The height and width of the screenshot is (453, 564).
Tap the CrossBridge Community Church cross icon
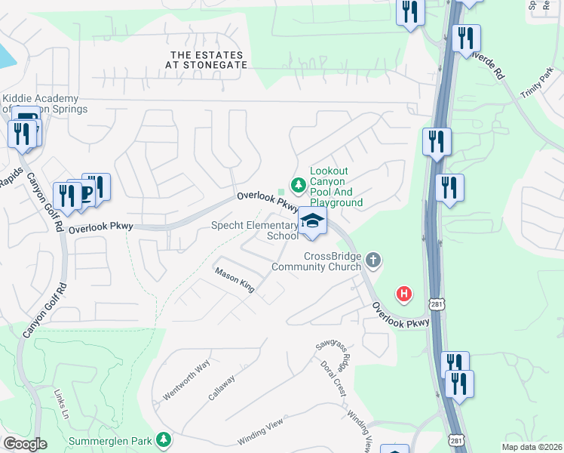[x=372, y=261]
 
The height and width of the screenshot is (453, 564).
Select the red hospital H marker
[x=405, y=294]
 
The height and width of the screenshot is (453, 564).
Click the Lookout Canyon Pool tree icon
[x=299, y=183]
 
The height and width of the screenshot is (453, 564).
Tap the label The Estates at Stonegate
[x=207, y=60]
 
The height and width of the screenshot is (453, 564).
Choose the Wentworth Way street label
[x=185, y=382]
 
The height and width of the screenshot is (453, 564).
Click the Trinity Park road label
[x=536, y=83]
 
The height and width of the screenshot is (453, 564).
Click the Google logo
[x=25, y=444]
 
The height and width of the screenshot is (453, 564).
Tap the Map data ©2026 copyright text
[x=532, y=447]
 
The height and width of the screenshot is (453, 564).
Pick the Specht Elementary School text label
[x=255, y=230]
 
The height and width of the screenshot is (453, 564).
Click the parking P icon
[x=84, y=194]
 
